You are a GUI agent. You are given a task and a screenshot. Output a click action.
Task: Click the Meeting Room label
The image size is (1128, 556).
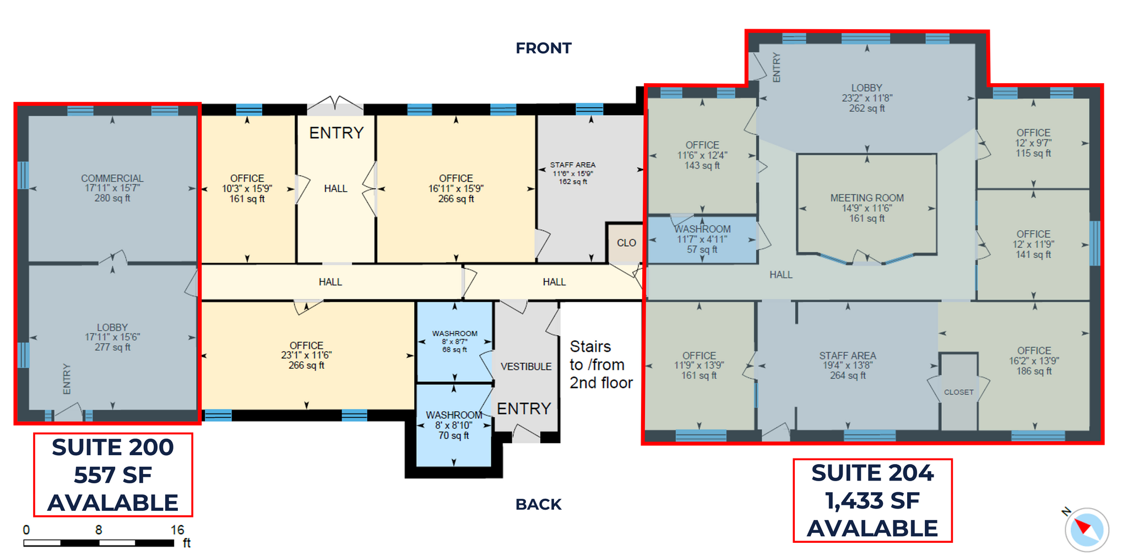(867, 208)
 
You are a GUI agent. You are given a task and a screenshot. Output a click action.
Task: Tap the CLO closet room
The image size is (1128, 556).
(626, 243)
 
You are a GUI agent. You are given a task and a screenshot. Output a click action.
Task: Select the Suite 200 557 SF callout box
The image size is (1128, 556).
(113, 475)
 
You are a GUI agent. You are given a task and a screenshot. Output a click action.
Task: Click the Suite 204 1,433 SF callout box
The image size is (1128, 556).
(872, 500)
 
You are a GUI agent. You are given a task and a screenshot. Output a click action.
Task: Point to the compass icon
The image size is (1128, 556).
(1086, 530)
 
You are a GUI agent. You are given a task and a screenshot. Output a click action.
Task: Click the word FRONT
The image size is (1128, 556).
(543, 48)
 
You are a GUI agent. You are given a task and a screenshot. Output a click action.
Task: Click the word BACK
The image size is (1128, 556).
(538, 504)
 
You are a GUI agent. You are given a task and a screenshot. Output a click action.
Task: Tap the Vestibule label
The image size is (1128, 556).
(526, 367)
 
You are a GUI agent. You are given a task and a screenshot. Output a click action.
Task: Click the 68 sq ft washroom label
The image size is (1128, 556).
(454, 341)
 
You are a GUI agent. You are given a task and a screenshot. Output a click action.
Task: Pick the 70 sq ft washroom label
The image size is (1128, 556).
(454, 425)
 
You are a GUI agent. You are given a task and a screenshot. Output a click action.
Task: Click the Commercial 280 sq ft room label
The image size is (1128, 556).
(112, 188)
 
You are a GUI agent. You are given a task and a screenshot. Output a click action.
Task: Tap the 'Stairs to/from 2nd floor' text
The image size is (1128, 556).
(600, 364)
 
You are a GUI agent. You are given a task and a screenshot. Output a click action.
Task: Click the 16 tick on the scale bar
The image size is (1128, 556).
(177, 530)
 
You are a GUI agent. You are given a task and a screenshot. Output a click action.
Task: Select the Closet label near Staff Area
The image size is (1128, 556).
(958, 392)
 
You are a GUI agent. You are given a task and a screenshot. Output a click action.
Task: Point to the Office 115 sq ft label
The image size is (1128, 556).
(1033, 143)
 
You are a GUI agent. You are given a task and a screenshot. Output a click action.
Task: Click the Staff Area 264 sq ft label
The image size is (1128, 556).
(847, 366)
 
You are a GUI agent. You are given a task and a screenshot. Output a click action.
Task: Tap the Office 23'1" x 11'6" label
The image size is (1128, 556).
(306, 355)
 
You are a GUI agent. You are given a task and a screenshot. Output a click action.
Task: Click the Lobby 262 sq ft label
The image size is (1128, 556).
(866, 98)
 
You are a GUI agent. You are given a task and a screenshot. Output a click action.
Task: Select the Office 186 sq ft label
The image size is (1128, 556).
(1034, 361)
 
